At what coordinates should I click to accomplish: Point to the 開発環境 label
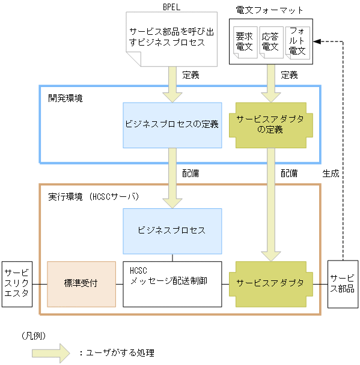tap(66, 97)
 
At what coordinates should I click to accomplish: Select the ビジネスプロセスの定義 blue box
tap(172, 125)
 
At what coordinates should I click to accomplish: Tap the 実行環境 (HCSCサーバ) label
tap(93, 196)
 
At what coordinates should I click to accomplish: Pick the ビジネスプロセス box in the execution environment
tap(172, 231)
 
